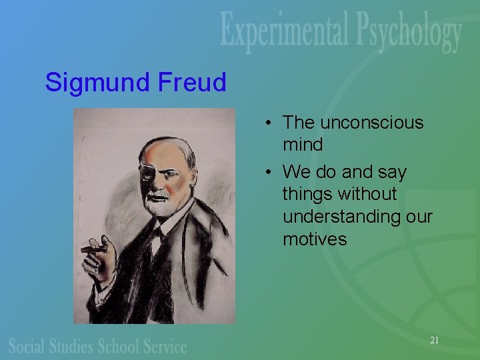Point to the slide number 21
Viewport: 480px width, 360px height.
tap(434, 340)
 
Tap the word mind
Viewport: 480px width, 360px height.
tap(302, 144)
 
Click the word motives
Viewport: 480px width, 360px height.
tap(315, 239)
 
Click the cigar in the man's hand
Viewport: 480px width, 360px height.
tap(93, 249)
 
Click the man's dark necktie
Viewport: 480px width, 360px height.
tap(159, 233)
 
